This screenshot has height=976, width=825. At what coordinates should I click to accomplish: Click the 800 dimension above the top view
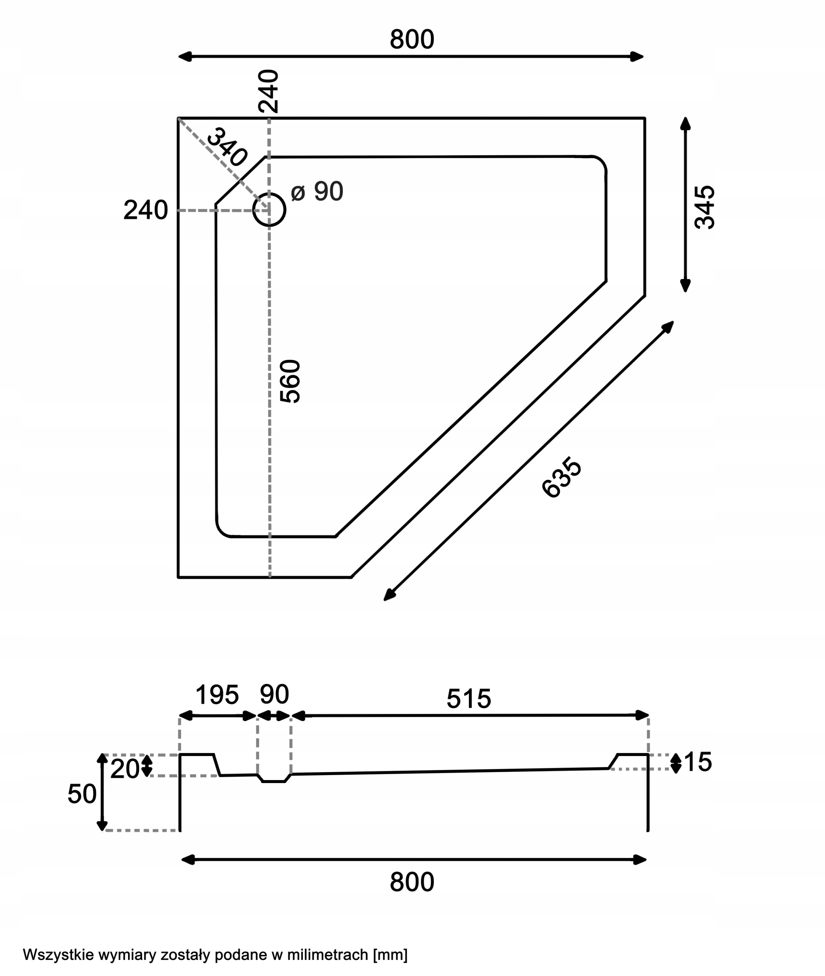tap(412, 39)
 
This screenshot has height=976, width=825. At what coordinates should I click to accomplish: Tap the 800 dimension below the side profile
tap(412, 882)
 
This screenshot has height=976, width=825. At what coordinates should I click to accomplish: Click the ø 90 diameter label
tap(317, 191)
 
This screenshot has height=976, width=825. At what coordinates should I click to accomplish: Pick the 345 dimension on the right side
tap(705, 207)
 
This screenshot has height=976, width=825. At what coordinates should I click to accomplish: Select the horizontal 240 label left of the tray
tap(145, 210)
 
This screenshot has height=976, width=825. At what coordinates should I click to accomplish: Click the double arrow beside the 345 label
tap(685, 205)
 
